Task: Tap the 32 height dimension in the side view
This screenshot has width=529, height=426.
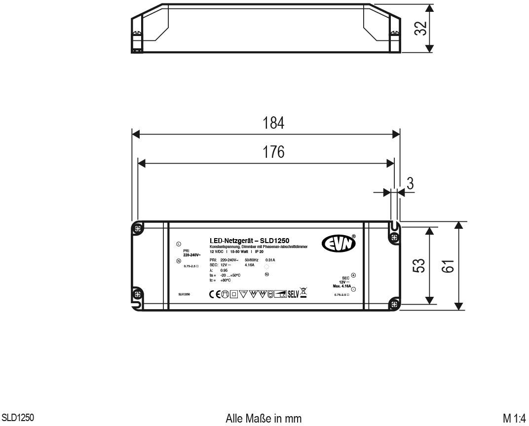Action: [420, 28]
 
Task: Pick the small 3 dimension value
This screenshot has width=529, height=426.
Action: [410, 183]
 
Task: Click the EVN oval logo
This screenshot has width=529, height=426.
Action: [339, 243]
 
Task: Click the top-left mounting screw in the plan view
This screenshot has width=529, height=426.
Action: [139, 228]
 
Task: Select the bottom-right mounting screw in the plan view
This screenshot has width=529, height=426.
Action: [394, 303]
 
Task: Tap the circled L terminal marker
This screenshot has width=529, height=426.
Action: [178, 244]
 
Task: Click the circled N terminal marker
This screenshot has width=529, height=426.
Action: [178, 261]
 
